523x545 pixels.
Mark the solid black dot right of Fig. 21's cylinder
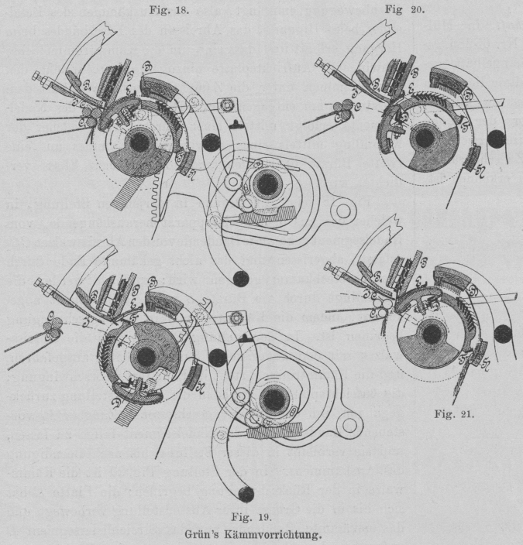[x=504, y=334]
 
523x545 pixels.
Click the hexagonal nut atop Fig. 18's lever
[x=226, y=103]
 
